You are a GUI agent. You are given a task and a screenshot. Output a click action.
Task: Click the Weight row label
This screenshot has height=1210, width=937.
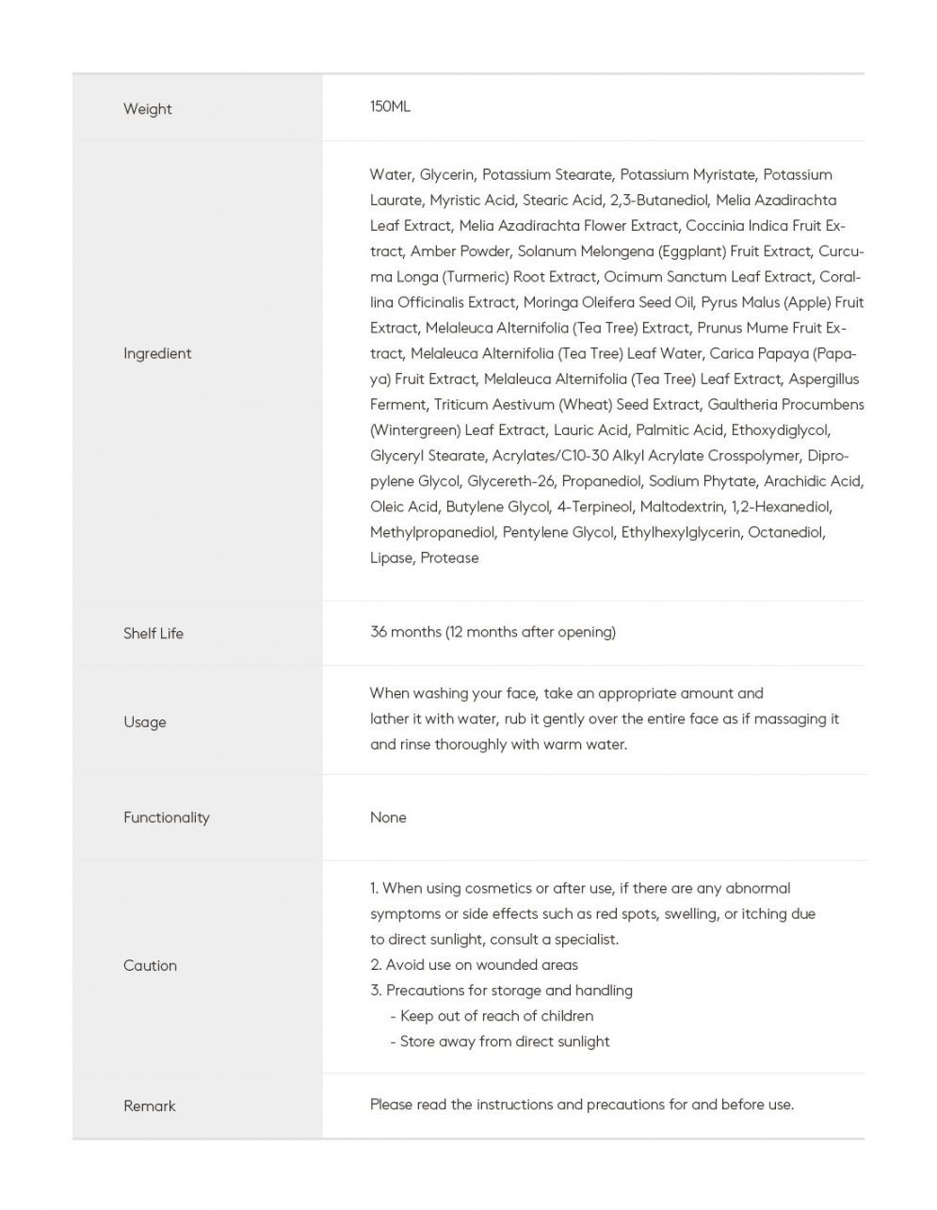148,109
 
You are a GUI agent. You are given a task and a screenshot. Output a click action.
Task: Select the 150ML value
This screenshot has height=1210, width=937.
390,107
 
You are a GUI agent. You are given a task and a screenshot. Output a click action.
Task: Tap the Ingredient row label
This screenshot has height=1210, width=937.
157,354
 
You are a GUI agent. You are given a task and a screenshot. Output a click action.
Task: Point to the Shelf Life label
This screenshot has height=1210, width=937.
153,634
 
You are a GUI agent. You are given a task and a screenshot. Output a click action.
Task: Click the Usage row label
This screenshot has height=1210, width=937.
145,722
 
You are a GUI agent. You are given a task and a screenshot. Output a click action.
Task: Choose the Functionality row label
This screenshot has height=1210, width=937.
167,817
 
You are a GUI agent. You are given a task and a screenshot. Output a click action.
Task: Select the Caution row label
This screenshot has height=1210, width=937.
150,966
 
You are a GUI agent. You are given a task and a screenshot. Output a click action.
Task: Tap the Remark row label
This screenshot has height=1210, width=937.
150,1106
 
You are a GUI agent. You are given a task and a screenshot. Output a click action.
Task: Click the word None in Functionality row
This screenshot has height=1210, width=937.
388,817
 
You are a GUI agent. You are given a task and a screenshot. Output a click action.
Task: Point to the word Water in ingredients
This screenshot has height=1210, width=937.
390,175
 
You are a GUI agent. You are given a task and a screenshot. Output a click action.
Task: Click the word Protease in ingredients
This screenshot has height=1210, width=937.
449,558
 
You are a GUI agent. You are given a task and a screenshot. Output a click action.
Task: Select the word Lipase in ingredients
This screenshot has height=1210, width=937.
391,558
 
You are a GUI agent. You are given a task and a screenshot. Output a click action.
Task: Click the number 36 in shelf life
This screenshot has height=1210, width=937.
379,632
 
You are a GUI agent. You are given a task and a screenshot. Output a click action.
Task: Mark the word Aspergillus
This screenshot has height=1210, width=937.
824,379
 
